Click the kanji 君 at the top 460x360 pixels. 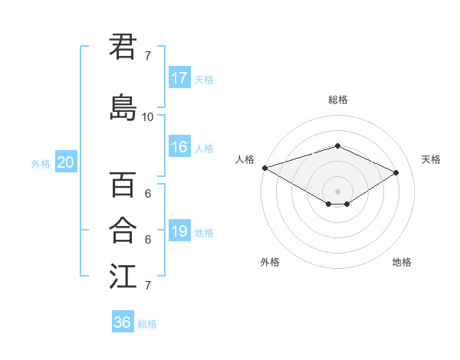click(x=123, y=47)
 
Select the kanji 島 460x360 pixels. click(x=123, y=107)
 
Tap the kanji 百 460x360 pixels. click(x=123, y=185)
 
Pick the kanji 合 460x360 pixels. click(x=123, y=230)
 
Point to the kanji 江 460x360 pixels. click(x=123, y=276)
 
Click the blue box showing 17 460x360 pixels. click(x=179, y=78)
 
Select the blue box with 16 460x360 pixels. click(x=179, y=148)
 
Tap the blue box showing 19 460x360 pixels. click(x=179, y=232)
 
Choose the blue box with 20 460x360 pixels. click(x=66, y=162)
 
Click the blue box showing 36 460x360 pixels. click(x=123, y=322)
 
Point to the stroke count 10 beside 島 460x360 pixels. click(x=148, y=116)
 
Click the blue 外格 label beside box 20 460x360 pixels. click(x=40, y=163)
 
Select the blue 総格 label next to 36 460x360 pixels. click(x=147, y=324)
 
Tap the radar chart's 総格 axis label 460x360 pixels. click(x=337, y=100)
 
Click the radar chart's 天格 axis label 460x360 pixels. click(x=431, y=159)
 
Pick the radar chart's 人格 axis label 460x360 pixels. click(x=245, y=159)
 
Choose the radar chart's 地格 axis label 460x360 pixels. click(x=402, y=262)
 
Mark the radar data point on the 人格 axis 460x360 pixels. click(x=264, y=168)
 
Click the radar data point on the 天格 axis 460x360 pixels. click(x=396, y=172)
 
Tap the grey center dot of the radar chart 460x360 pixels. click(x=337, y=191)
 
